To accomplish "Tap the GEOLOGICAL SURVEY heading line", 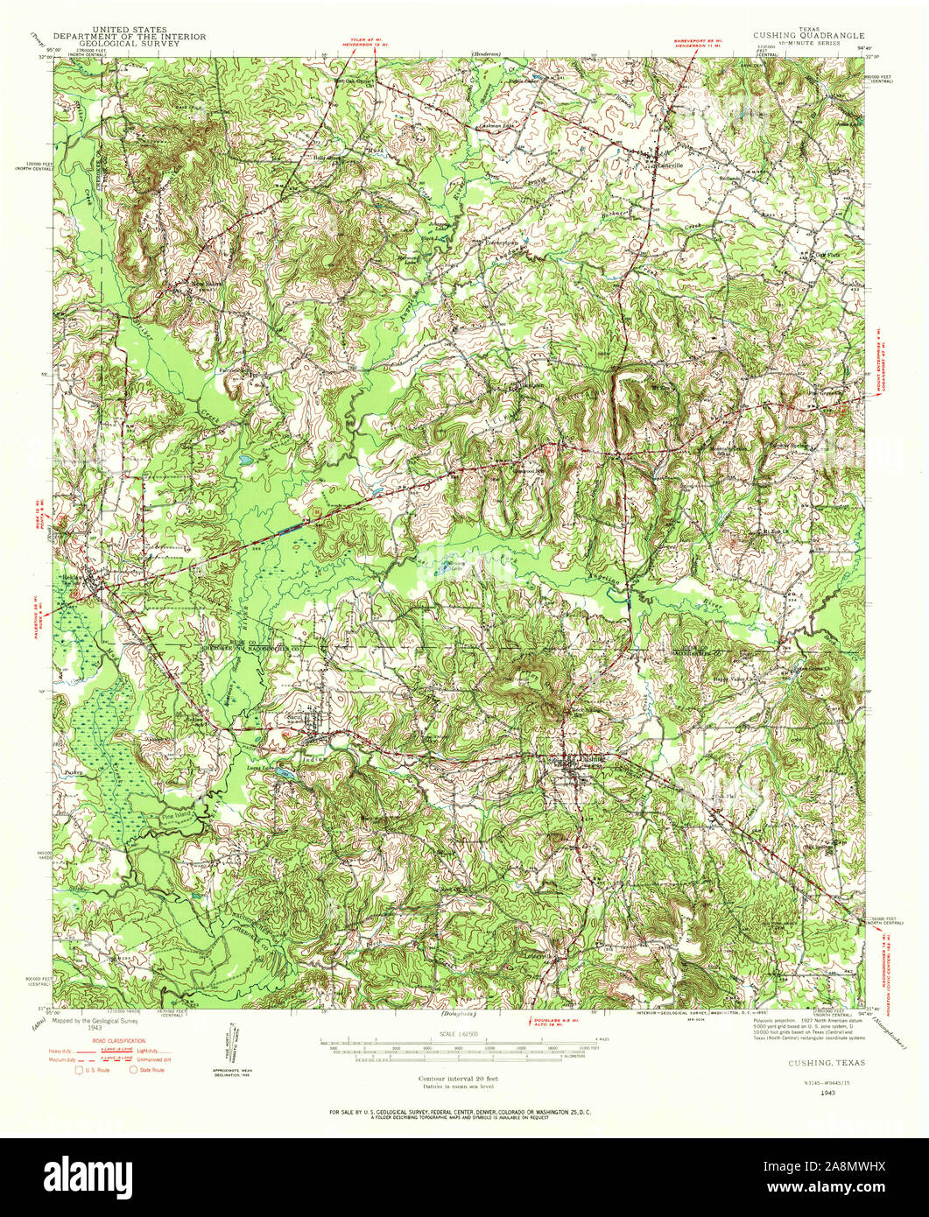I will [x=129, y=44].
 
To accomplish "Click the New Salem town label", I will [x=196, y=285].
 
